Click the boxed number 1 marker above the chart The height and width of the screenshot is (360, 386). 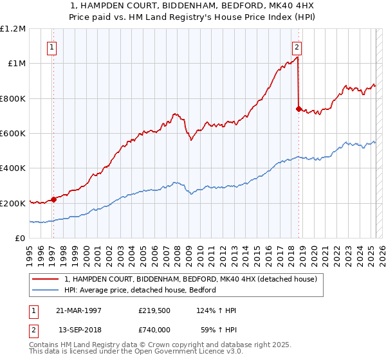pyautogui.click(x=51, y=46)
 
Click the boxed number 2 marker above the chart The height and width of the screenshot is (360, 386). pyautogui.click(x=297, y=46)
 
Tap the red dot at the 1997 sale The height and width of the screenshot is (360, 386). pyautogui.click(x=54, y=199)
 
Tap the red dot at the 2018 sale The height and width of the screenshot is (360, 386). pyautogui.click(x=299, y=109)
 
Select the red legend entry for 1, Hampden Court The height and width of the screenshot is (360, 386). pyautogui.click(x=190, y=279)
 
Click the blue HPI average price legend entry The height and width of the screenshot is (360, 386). pyautogui.click(x=140, y=290)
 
